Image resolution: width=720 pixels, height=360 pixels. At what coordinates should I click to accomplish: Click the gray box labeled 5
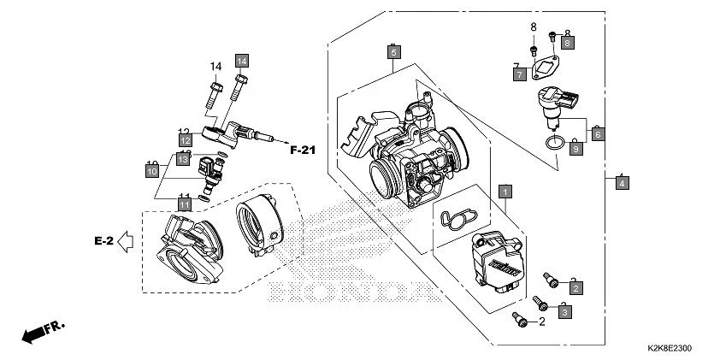tap(393, 52)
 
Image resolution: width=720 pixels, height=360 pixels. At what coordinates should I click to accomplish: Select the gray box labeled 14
tap(242, 60)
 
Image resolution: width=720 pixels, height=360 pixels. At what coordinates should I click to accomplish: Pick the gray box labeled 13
tap(184, 157)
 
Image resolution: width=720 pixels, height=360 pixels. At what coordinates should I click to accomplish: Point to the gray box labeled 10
tap(152, 171)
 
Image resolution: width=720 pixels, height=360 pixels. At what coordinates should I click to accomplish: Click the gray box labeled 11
tap(184, 202)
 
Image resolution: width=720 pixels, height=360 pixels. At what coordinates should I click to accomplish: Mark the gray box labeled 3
tap(564, 313)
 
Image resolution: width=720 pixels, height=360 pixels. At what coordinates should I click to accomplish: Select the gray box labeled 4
tap(622, 183)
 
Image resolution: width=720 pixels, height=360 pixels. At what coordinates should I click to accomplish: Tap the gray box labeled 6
tap(598, 134)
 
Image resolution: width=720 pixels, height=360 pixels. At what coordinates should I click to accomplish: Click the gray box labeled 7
tap(519, 74)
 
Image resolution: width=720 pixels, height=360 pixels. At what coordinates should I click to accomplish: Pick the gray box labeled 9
tap(575, 149)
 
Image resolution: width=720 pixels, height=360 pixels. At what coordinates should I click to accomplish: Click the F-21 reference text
tap(302, 150)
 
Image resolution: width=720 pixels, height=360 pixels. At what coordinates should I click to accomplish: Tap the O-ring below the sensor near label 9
tap(554, 142)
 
